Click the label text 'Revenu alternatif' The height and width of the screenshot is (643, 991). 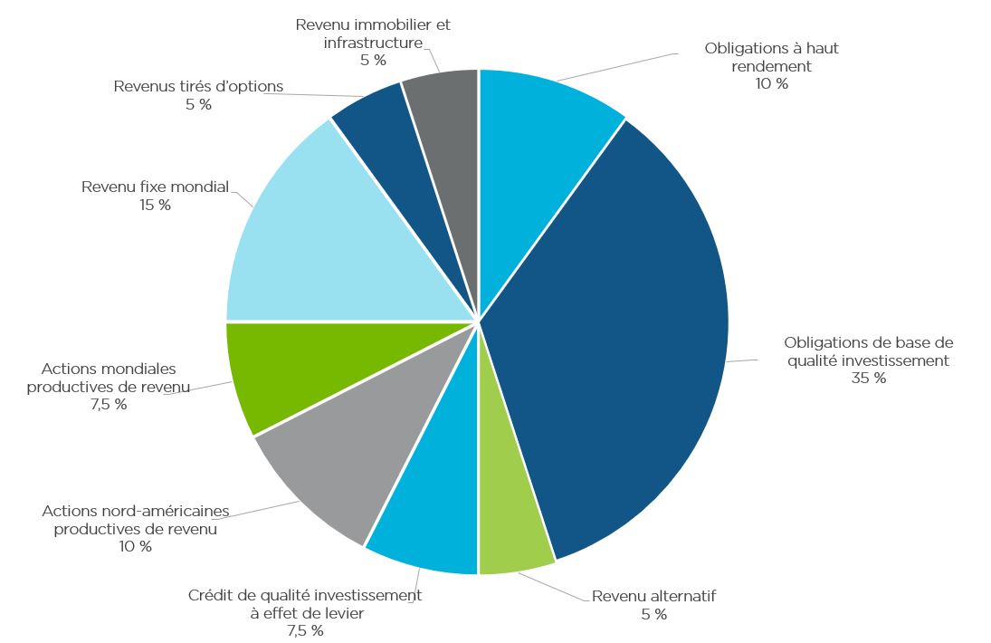point(653,597)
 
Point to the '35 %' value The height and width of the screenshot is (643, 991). point(868,379)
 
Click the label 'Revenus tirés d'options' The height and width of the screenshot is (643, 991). point(198,87)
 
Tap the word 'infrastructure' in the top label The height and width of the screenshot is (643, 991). point(373,43)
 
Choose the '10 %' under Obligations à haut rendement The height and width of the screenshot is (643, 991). point(771,84)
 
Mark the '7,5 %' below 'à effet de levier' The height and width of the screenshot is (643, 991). point(305,630)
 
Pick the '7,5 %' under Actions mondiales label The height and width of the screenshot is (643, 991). point(108,405)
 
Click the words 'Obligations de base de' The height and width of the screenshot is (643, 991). point(868,342)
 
